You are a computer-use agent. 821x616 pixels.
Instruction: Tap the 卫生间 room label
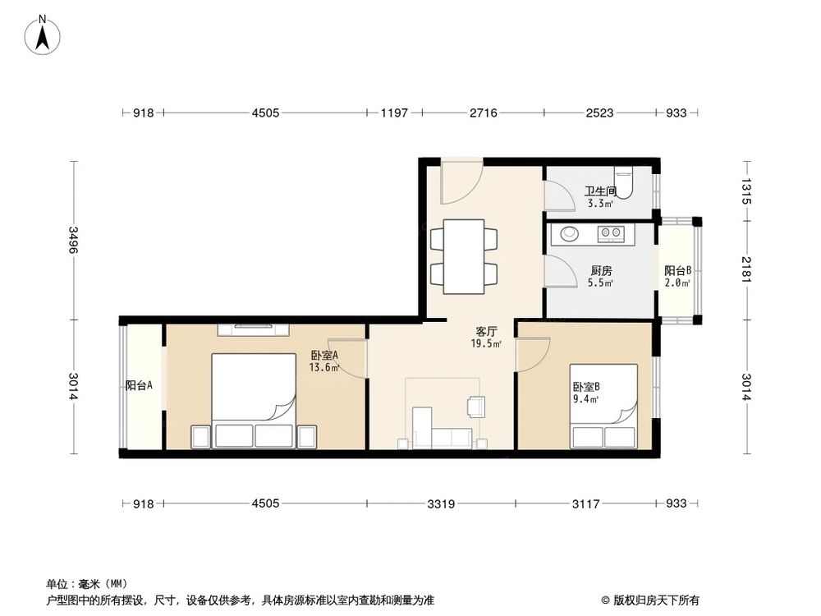[x=600, y=191]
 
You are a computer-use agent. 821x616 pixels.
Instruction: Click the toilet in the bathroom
[x=625, y=182]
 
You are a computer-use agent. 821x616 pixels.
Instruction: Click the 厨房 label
[x=601, y=270]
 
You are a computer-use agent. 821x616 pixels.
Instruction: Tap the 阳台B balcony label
[x=677, y=270]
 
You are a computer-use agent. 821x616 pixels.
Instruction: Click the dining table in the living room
[x=464, y=256]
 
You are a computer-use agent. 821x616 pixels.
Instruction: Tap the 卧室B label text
[x=586, y=387]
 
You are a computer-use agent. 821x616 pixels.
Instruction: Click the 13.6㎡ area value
[x=323, y=367]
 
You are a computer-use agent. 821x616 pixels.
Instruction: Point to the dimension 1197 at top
[x=393, y=113]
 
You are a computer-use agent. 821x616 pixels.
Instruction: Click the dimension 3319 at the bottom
[x=442, y=503]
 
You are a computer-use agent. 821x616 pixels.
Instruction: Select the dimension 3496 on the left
[x=74, y=240]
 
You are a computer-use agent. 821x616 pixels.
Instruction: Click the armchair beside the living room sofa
[x=476, y=406]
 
